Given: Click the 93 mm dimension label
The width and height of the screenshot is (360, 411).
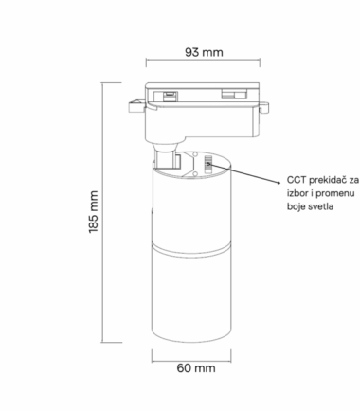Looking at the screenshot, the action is click(204, 52).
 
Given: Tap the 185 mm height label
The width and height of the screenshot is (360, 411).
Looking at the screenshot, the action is click(94, 212).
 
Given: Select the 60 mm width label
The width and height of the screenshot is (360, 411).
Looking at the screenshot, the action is click(196, 368).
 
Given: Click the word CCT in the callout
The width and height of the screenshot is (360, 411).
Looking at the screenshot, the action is click(297, 180).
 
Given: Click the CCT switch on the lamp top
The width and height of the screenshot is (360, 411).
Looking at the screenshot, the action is click(207, 164).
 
